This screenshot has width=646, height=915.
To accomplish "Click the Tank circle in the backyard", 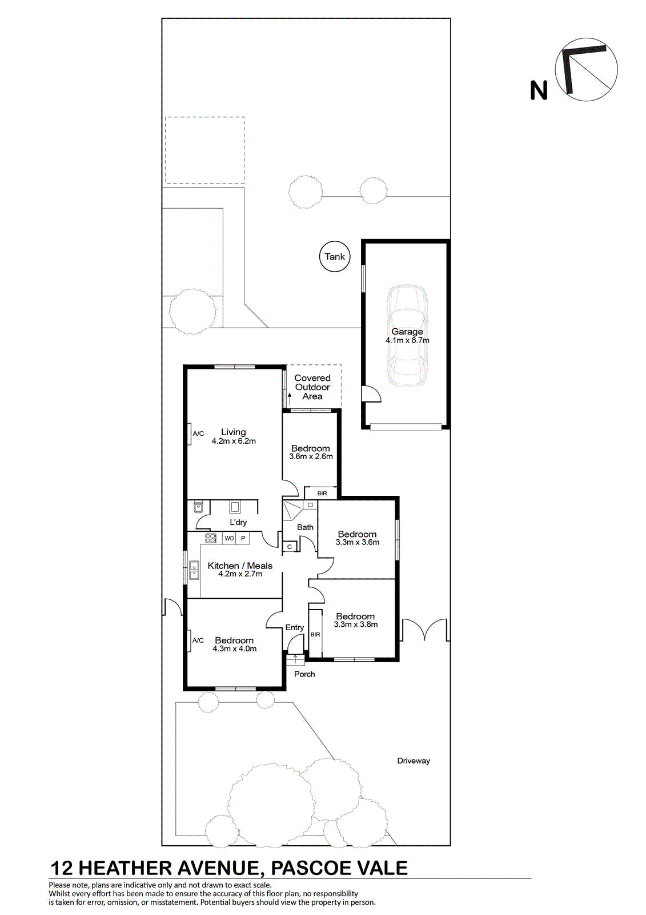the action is pyautogui.click(x=335, y=257).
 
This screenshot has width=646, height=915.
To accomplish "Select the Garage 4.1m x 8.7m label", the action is pyautogui.click(x=407, y=336).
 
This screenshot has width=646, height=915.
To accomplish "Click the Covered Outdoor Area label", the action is pyautogui.click(x=312, y=387).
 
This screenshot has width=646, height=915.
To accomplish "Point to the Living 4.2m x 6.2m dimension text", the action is pyautogui.click(x=234, y=441).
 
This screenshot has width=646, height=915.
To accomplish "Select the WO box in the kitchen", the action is pyautogui.click(x=230, y=538).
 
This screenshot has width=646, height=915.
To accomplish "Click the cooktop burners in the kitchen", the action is pyautogui.click(x=211, y=538).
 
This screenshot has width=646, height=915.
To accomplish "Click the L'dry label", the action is pyautogui.click(x=238, y=523).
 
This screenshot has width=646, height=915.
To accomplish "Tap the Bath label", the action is pyautogui.click(x=305, y=527).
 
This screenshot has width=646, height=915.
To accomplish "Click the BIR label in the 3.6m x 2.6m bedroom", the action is pyautogui.click(x=322, y=494).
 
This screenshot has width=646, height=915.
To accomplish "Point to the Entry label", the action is pyautogui.click(x=295, y=627).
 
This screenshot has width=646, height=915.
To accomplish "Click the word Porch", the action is pyautogui.click(x=304, y=674).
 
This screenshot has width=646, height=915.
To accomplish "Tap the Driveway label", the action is pyautogui.click(x=414, y=761).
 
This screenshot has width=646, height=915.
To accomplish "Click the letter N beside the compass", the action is pyautogui.click(x=538, y=90).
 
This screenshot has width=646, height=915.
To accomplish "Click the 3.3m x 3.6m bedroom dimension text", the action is pyautogui.click(x=358, y=542).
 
